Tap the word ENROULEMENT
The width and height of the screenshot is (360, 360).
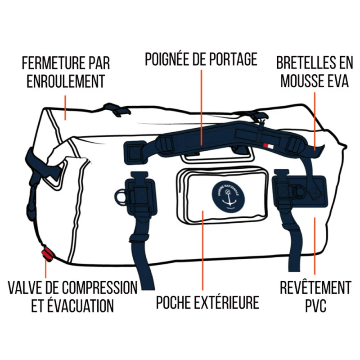pos(66,81)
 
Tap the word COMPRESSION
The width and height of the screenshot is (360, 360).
pos(99,287)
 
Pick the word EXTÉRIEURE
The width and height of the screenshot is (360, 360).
pos(227,302)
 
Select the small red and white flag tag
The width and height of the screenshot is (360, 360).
pos(268,146)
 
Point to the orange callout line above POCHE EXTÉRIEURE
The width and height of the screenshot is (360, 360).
pos(203,251)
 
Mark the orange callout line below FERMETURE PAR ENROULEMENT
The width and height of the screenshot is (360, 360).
pos(65,108)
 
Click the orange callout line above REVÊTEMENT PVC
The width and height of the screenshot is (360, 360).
pos(315,246)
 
